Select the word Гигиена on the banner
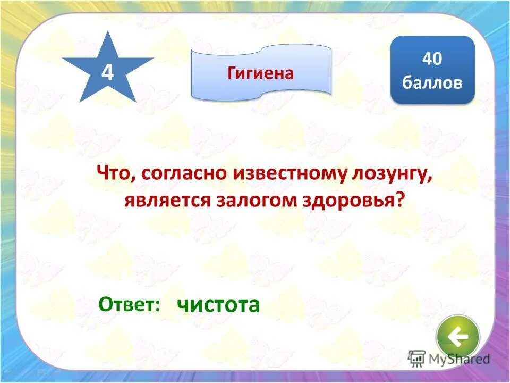(x=260, y=73)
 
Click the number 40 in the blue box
(x=432, y=59)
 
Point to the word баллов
(x=432, y=83)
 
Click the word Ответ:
(x=130, y=305)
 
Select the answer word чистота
(x=218, y=305)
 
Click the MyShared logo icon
(x=417, y=359)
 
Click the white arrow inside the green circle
(x=458, y=336)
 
